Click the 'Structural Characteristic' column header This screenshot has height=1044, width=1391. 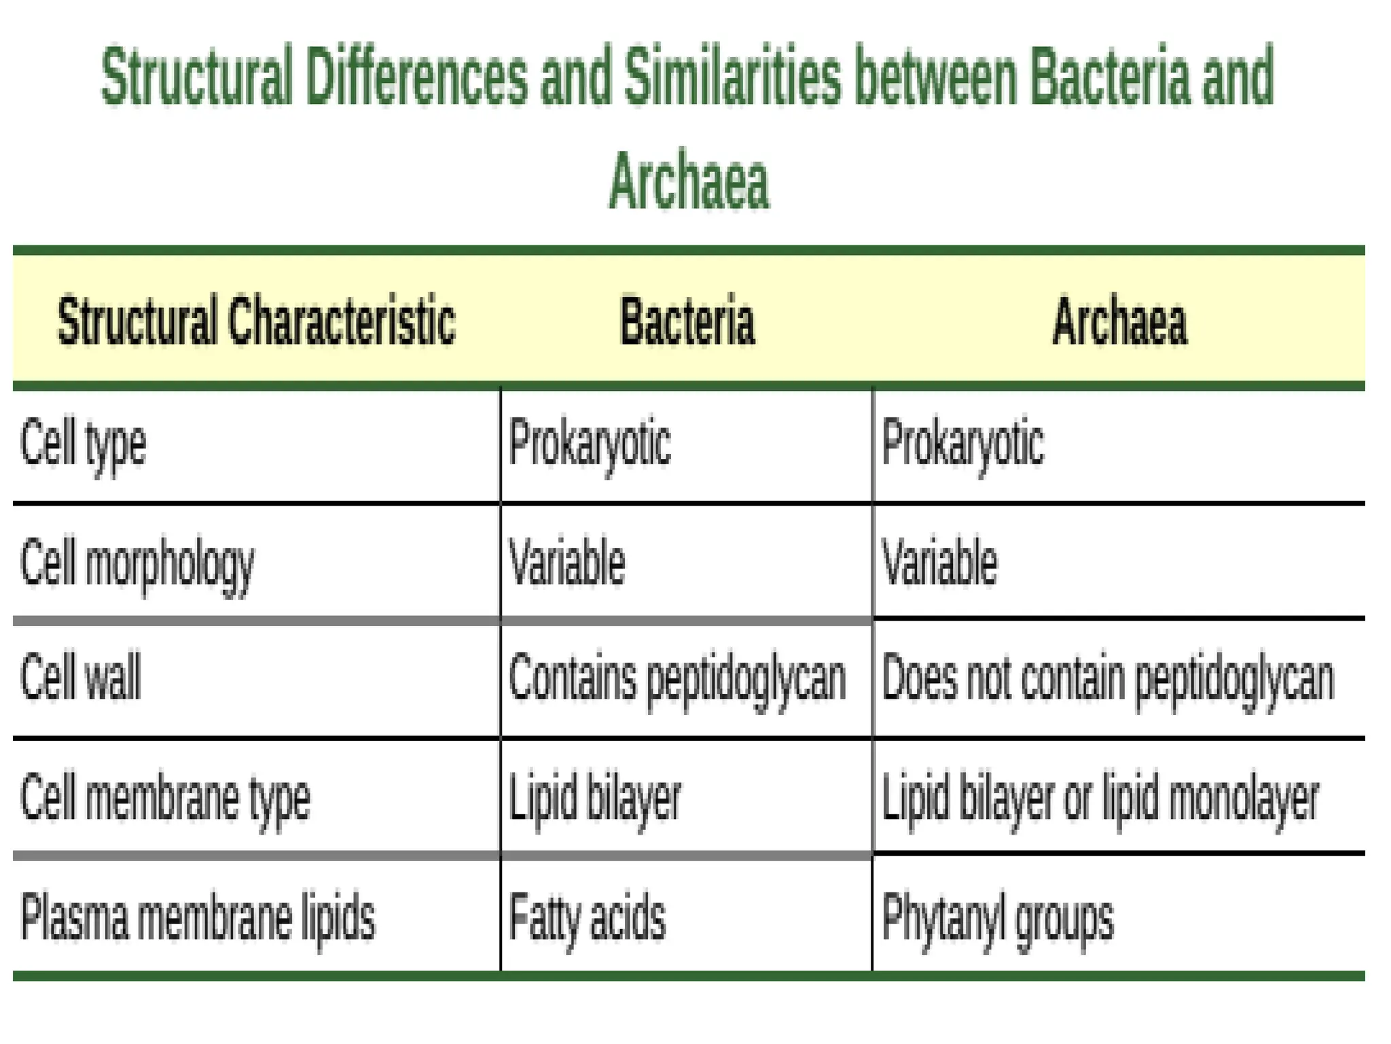click(256, 321)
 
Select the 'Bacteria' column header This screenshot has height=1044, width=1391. click(687, 321)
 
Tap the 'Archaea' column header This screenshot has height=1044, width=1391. click(1119, 321)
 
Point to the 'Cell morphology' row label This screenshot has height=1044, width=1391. click(137, 563)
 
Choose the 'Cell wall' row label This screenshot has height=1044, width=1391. click(81, 677)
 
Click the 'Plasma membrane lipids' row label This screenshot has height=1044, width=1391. click(198, 917)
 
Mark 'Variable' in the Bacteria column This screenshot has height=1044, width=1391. click(566, 563)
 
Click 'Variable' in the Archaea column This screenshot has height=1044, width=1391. click(939, 563)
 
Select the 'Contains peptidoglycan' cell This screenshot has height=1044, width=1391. click(677, 678)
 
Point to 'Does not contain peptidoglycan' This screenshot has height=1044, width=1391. click(1107, 678)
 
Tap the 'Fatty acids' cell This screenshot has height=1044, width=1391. click(587, 917)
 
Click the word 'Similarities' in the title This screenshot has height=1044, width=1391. click(731, 76)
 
